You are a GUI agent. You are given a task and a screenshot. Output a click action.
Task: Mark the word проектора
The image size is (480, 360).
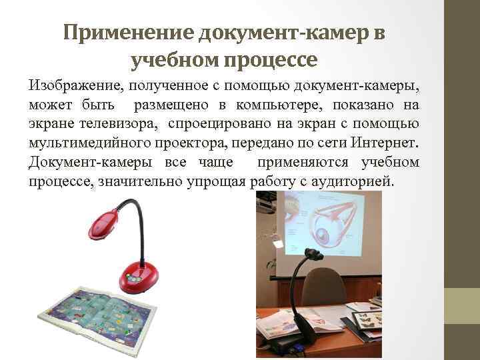pyautogui.click(x=185, y=143)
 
